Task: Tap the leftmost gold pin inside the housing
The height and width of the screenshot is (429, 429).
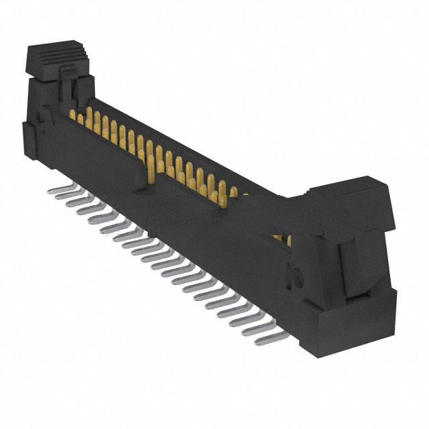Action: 72,115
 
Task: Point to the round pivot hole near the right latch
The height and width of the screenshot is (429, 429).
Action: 294,275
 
